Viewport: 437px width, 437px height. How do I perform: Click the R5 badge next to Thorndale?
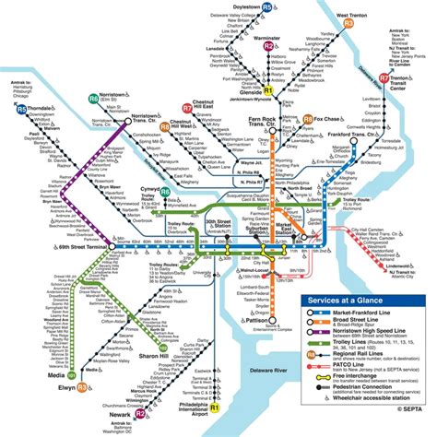pos(21,110)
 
